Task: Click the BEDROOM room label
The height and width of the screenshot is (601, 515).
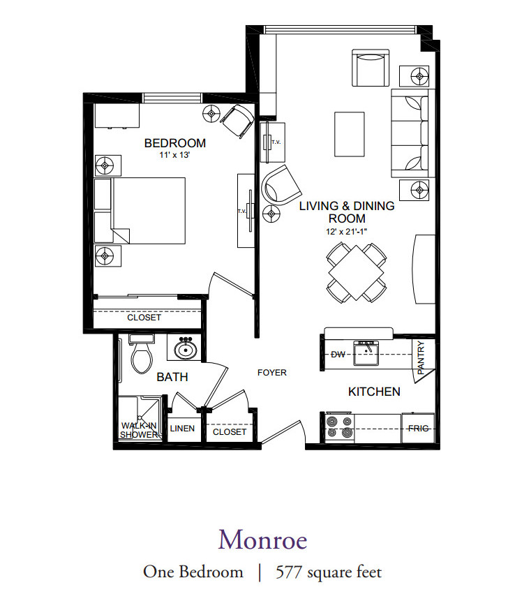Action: (x=175, y=143)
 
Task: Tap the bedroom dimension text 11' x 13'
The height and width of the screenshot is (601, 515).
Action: (x=175, y=155)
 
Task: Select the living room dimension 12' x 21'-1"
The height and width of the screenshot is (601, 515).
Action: (x=346, y=232)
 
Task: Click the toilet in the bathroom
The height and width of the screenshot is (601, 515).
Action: (x=142, y=353)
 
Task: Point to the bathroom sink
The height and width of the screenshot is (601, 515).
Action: (x=186, y=349)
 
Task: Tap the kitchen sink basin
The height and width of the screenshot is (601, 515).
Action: (x=366, y=353)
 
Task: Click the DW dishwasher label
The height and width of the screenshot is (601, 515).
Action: (x=338, y=355)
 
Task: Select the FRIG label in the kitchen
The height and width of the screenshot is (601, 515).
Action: (x=418, y=428)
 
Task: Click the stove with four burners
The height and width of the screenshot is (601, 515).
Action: (x=340, y=428)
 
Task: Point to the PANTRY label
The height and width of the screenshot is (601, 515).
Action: (x=421, y=357)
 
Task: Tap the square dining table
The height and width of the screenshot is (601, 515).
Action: (x=356, y=273)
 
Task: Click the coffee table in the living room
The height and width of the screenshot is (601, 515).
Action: (x=350, y=134)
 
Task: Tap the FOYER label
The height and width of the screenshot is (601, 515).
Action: (x=272, y=373)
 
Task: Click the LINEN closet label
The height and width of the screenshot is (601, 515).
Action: (x=182, y=429)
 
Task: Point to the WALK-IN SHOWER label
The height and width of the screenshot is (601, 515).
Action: (x=139, y=430)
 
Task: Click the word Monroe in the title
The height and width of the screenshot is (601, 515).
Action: (x=263, y=540)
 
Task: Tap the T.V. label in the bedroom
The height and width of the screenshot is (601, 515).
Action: (x=241, y=211)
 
